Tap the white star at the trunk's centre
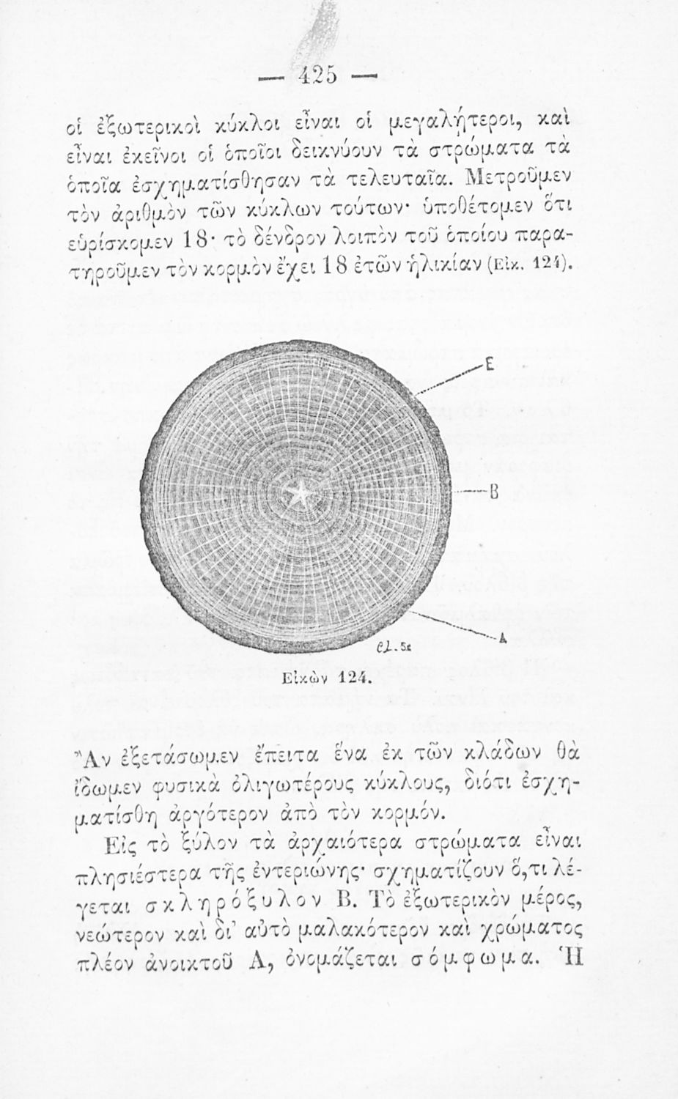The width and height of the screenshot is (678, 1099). click(300, 495)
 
